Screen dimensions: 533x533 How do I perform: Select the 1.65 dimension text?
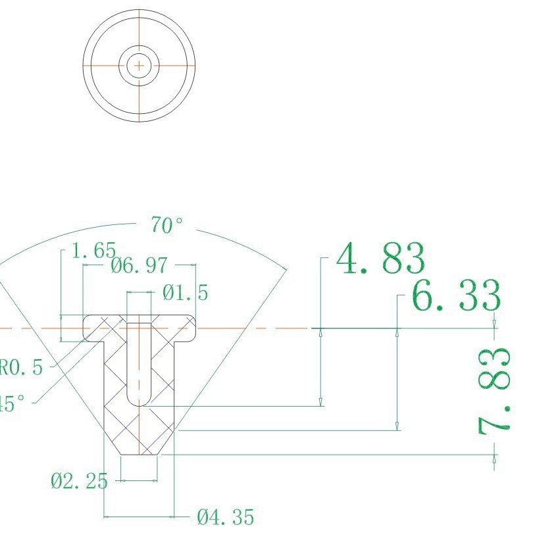coord(94,251)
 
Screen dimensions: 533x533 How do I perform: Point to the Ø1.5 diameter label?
coord(185,293)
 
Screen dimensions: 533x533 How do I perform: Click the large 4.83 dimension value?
coord(380,260)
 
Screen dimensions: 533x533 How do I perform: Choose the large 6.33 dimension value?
coord(456,297)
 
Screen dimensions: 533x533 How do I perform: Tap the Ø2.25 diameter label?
coord(78,482)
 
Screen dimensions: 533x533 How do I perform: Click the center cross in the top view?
coord(139,66)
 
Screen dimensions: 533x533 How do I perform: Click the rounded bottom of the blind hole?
coord(139,400)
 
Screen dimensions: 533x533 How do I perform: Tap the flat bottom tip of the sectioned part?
coord(139,454)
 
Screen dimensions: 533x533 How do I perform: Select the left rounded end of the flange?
coord(86,328)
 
